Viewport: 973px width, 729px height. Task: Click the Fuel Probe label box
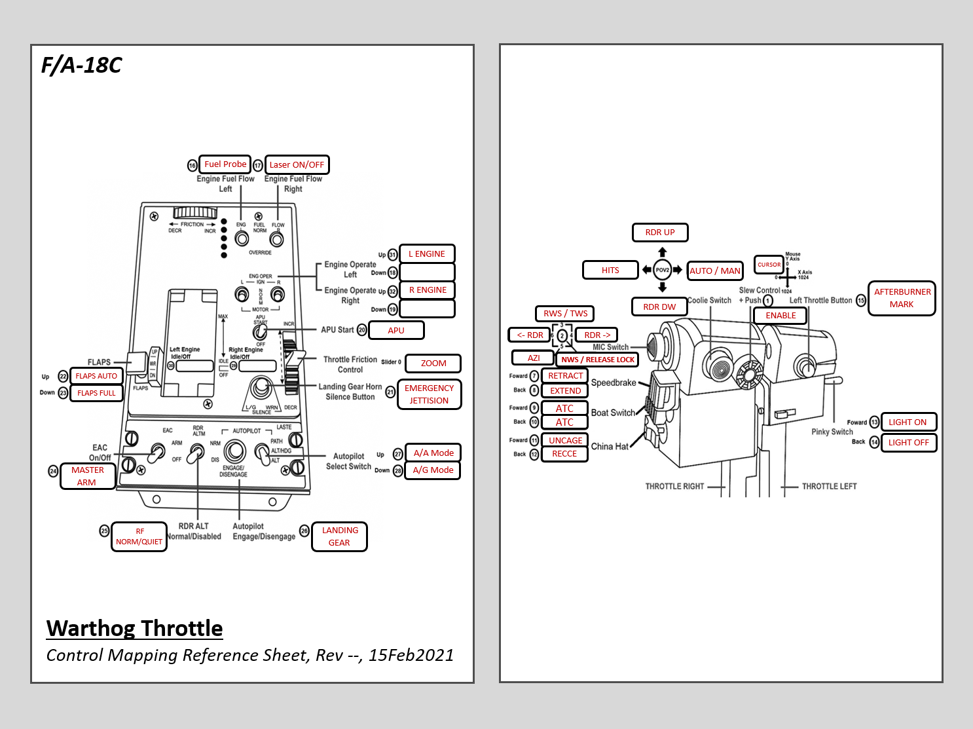click(x=225, y=164)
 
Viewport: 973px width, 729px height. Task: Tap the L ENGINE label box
click(x=427, y=254)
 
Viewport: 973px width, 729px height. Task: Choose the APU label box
click(x=396, y=331)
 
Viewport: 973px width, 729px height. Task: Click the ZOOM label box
click(x=433, y=364)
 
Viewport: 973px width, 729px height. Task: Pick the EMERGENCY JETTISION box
click(x=429, y=394)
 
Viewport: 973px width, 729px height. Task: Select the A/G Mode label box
click(x=433, y=470)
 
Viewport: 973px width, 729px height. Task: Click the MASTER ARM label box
click(x=87, y=476)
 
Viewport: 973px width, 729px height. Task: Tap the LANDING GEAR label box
click(x=339, y=536)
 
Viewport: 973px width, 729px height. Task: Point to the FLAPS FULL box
click(x=96, y=393)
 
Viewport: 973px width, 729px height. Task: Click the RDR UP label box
click(x=660, y=233)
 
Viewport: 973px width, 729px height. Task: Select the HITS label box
click(x=610, y=270)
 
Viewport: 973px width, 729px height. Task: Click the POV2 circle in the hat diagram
click(x=663, y=270)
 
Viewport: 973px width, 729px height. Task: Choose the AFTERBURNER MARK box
click(x=902, y=298)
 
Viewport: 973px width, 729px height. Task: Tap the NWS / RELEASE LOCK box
click(x=597, y=360)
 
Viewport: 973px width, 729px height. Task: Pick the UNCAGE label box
click(x=565, y=441)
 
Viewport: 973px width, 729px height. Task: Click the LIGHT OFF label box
click(x=908, y=443)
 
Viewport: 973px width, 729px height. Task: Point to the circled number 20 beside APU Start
click(x=362, y=330)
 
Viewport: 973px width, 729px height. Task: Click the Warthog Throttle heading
click(x=134, y=628)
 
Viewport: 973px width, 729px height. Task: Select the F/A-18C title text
click(x=82, y=65)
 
